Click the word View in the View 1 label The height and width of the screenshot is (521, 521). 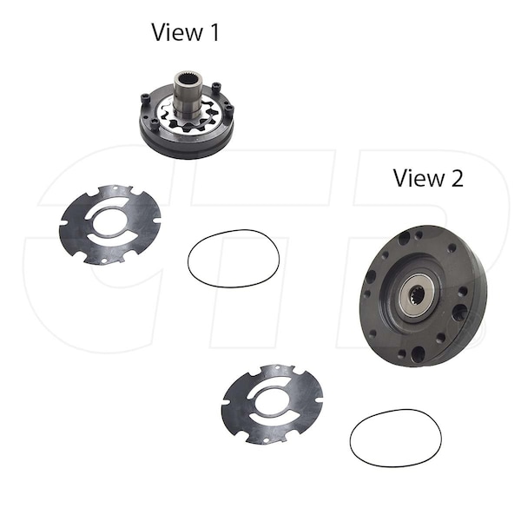click(177, 32)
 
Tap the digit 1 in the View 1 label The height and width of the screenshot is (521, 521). click(214, 32)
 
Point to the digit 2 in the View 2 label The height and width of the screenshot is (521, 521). click(457, 178)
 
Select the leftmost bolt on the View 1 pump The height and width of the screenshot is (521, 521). click(145, 97)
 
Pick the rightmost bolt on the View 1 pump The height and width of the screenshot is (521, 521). click(229, 109)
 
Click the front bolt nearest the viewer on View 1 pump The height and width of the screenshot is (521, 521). click(155, 123)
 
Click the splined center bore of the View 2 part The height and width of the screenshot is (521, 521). click(416, 294)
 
